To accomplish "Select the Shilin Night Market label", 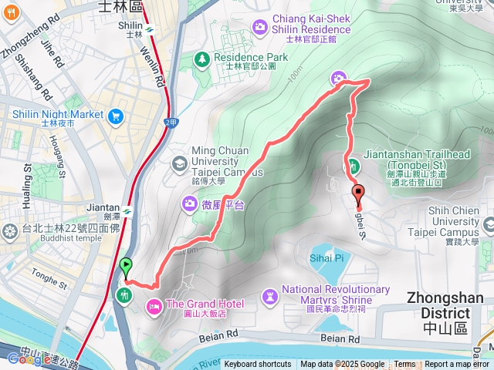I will point(57,114).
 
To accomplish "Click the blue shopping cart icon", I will point(117,116).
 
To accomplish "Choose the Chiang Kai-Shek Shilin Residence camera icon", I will point(259,27).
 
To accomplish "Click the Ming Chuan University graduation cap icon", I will point(179,163).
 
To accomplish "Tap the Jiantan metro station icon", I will point(126,210).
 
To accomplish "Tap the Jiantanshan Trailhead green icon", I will point(353,165).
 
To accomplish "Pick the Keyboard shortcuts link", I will point(258,365).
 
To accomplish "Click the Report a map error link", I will point(457,365).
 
